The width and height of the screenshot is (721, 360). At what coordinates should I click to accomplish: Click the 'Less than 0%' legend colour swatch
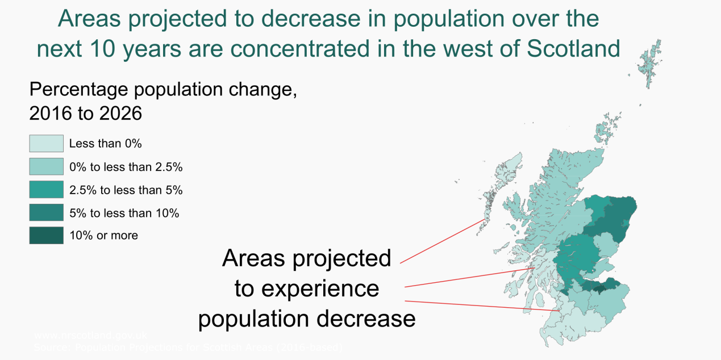46,144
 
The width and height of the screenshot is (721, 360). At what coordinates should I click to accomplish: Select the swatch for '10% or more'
46,235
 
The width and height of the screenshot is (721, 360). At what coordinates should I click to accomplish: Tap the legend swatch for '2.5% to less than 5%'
46,190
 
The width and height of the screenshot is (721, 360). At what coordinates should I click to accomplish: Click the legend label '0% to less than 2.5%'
126,167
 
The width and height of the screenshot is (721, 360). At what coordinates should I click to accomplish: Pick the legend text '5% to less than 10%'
124,213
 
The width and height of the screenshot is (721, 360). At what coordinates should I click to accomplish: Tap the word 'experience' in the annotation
319,288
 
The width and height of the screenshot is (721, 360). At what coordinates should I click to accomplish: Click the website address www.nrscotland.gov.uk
91,335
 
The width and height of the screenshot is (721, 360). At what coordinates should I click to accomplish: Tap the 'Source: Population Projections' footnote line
187,346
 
